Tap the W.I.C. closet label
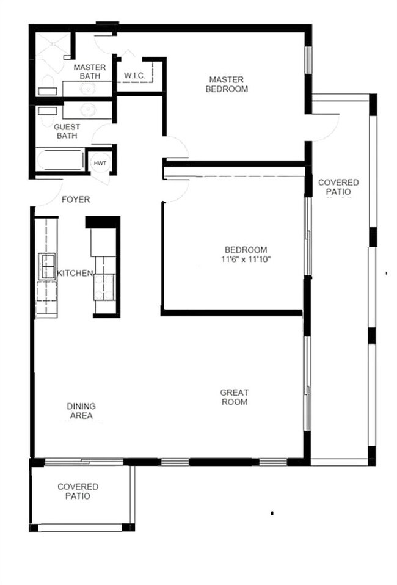click(x=134, y=75)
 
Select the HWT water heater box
click(x=99, y=163)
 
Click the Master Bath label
click(x=90, y=71)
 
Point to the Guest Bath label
click(x=67, y=131)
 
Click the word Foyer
click(x=76, y=199)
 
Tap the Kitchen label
click(x=75, y=273)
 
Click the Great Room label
click(x=234, y=397)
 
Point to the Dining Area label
click(x=81, y=410)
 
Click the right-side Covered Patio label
click(x=338, y=187)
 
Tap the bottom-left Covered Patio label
click(x=78, y=491)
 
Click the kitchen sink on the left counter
click(x=47, y=266)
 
